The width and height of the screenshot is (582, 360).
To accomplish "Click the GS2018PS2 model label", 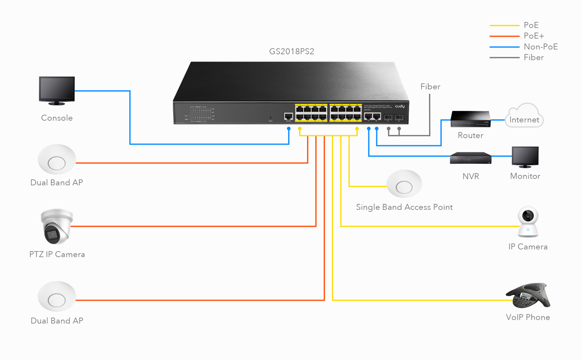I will [291, 51].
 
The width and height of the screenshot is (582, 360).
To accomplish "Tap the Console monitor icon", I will [57, 90].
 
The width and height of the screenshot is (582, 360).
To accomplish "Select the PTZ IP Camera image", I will [57, 226].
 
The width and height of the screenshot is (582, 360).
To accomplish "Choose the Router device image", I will [471, 119].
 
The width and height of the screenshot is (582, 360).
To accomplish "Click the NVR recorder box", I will [471, 158].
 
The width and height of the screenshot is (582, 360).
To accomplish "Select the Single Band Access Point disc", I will [404, 185].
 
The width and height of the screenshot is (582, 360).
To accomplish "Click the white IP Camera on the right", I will [528, 222].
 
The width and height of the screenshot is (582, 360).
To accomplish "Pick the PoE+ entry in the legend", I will [534, 36].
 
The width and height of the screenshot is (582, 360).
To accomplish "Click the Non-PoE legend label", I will [541, 47].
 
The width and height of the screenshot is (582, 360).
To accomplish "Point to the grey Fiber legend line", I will [504, 58].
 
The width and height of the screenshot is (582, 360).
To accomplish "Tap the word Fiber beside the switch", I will [430, 87].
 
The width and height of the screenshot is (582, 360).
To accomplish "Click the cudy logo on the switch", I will [400, 106].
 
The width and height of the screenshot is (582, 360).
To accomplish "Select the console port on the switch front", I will [289, 117].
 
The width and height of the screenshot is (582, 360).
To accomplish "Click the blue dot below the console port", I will [289, 129].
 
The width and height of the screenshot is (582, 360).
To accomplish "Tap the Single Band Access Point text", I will [404, 207].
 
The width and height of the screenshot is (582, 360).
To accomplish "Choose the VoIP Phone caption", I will [528, 318].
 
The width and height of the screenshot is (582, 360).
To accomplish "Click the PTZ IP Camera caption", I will [57, 255].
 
